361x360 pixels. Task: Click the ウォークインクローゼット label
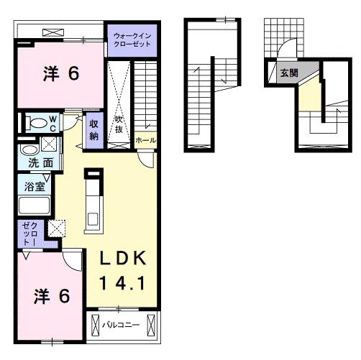132,40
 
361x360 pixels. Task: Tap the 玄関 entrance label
289,73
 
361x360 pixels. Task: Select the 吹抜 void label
119,124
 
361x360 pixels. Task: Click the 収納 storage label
93,130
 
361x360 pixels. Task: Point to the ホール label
145,140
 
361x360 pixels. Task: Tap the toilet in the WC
36,123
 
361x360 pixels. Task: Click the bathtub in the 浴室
34,205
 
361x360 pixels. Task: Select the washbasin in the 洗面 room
29,149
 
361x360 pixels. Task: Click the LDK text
123,258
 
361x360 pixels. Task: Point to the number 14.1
122,283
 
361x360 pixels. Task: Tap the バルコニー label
121,325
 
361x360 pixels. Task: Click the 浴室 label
35,187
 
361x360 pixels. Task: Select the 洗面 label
41,163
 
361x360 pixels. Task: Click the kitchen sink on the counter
93,219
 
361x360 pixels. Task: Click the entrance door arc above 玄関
287,48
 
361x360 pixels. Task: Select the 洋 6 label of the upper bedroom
61,73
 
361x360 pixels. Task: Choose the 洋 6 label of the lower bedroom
52,296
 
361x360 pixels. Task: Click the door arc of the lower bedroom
72,260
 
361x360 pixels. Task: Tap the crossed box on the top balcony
53,32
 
